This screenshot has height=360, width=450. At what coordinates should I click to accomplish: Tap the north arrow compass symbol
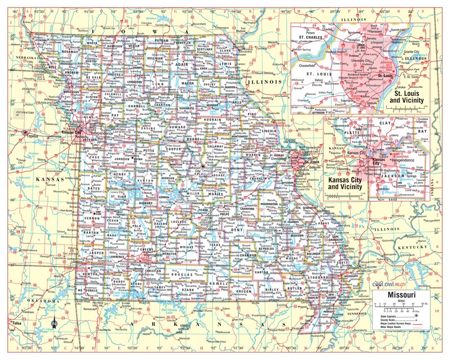tap(54, 322)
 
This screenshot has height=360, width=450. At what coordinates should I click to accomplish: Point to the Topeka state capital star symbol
tap(25, 133)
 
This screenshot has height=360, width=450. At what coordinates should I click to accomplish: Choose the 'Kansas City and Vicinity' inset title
tap(345, 184)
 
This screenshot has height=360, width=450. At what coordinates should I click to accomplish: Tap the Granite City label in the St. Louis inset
tap(411, 52)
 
